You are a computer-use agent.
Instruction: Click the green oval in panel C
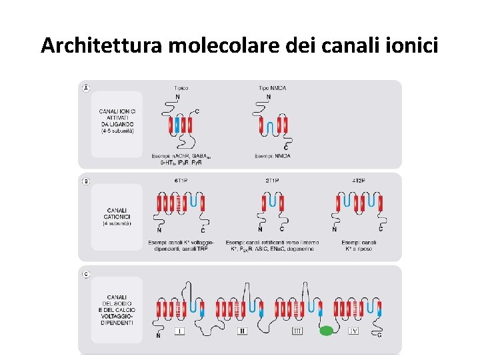(x=326, y=331)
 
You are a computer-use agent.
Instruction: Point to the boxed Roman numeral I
(x=179, y=331)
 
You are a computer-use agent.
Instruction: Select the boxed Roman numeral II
(x=242, y=331)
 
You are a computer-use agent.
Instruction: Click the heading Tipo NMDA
(x=273, y=88)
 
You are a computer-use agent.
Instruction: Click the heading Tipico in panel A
(x=181, y=88)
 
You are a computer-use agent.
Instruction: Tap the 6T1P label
(x=180, y=181)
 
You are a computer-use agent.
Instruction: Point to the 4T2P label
(x=359, y=181)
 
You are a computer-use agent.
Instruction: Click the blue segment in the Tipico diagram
(x=177, y=125)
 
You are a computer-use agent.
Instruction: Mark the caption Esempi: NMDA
(x=273, y=156)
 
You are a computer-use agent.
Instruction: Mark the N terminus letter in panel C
(x=158, y=335)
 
